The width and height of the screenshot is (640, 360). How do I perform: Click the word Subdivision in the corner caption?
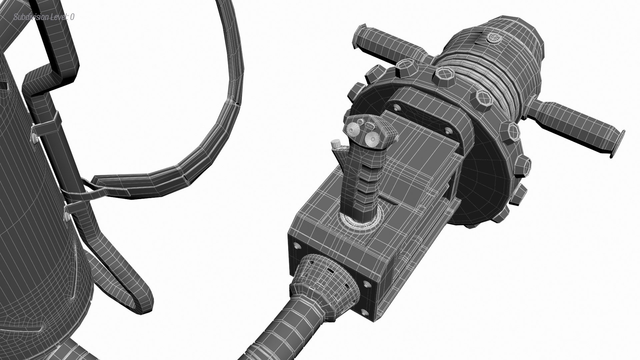point(30,17)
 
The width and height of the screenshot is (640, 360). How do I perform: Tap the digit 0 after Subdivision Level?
point(72,17)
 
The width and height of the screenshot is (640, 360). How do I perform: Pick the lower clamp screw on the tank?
point(67,217)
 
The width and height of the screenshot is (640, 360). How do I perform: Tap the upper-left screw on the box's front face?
point(297,246)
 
